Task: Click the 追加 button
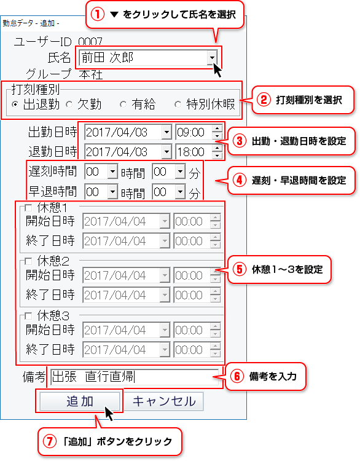[x=80, y=401]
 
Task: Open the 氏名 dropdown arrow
[x=211, y=57]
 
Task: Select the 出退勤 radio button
[x=15, y=104]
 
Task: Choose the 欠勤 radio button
[x=69, y=104]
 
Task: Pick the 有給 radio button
[x=123, y=104]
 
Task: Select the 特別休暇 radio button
[x=178, y=104]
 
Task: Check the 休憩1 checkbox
[x=28, y=208]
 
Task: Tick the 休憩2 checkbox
[x=28, y=261]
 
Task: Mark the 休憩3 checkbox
[x=28, y=316]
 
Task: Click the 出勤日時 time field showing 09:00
[x=194, y=132]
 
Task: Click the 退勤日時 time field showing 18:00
[x=194, y=152]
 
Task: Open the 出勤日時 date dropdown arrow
[x=166, y=132]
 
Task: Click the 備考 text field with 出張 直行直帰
[x=135, y=377]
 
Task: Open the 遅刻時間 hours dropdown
[x=112, y=171]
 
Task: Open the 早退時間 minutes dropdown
[x=180, y=192]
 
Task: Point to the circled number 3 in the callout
[x=240, y=141]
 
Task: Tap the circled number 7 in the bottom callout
[x=49, y=441]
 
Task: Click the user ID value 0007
[x=90, y=41]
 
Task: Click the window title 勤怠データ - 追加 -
[x=31, y=23]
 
